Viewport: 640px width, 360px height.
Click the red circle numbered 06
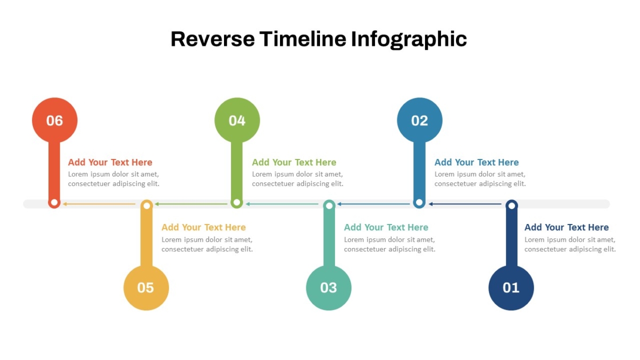[54, 120]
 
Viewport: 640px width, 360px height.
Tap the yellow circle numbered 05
[146, 287]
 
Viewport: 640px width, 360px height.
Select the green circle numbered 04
[237, 120]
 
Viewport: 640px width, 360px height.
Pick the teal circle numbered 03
[329, 287]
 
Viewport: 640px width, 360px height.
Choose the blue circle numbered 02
[419, 120]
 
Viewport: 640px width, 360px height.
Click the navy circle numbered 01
[511, 287]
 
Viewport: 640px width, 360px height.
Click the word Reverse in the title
[213, 39]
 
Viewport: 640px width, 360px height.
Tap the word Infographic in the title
[409, 39]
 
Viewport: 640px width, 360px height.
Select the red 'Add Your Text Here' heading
[110, 162]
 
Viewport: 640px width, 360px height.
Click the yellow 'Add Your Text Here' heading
[203, 227]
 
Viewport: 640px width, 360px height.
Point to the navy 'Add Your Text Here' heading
[566, 227]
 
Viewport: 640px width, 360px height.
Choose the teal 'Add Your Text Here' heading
[386, 227]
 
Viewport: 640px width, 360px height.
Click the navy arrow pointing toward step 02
[465, 204]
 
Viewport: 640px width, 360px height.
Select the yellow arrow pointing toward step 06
[99, 204]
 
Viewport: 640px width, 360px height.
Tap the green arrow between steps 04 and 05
[191, 204]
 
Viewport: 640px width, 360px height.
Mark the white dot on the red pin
[54, 203]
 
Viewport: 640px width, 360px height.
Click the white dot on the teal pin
[329, 205]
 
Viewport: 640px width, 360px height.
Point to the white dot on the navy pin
[511, 205]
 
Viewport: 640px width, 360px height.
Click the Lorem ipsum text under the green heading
[298, 179]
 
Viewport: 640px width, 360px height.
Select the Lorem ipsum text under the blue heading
[480, 179]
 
